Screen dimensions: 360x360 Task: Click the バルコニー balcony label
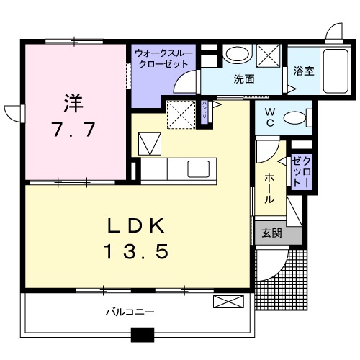tap(130, 312)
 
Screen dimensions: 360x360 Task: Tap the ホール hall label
tap(267, 187)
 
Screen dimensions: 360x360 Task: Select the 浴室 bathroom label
tap(304, 71)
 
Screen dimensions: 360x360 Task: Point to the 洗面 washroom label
tap(243, 80)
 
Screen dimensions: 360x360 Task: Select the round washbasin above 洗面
tap(235, 55)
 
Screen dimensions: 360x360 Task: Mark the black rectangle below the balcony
tap(143, 334)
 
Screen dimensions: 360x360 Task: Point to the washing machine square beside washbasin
tap(268, 55)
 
